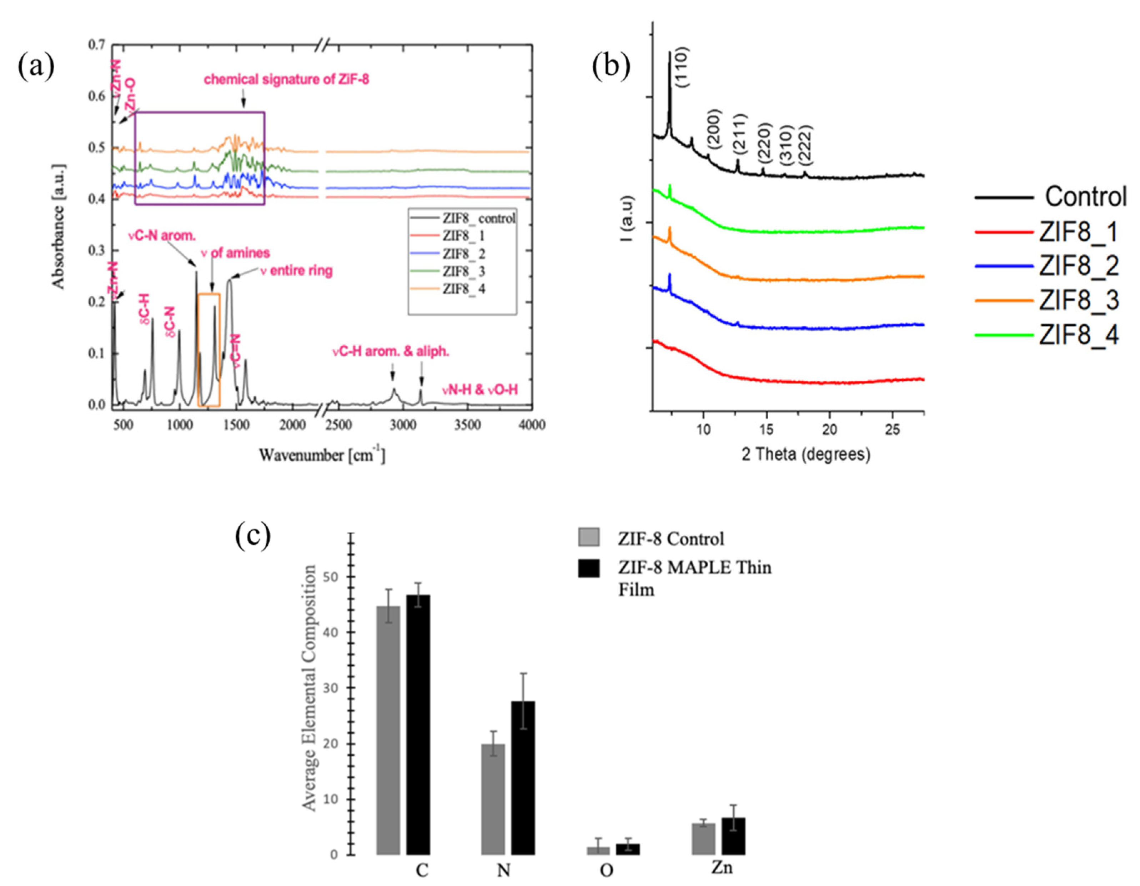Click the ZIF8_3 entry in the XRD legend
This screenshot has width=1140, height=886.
(1078, 301)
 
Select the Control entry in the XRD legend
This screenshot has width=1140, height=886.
(1085, 197)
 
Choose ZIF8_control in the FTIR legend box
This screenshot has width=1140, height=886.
(478, 218)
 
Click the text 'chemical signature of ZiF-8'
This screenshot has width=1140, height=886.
(287, 80)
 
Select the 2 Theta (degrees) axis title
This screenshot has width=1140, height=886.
(805, 454)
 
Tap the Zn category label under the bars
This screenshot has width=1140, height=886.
(722, 868)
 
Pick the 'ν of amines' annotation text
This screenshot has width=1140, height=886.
(236, 253)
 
